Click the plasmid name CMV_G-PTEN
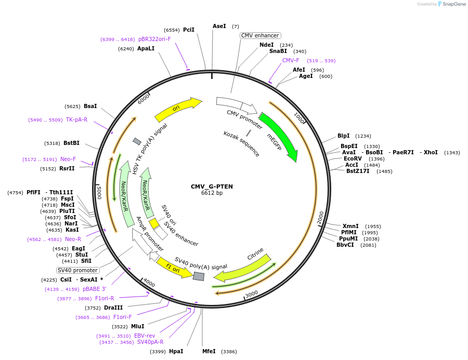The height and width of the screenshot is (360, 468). pos(212,186)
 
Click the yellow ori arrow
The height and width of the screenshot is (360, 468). pos(177,108)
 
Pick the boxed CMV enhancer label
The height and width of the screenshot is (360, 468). pos(260,35)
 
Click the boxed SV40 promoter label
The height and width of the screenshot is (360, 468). pos(77,270)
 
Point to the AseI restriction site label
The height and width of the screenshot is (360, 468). pos(219,26)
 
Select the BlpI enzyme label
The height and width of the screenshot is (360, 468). pos(344,136)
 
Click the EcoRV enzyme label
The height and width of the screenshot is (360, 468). pos(353,158)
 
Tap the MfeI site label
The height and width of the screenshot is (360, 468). pos(209,351)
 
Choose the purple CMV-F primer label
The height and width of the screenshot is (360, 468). pos(291,60)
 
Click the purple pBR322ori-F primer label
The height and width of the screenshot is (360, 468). pos(154,39)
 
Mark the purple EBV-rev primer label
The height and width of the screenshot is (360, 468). pos(145,336)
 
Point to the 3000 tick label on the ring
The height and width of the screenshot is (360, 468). pos(252,294)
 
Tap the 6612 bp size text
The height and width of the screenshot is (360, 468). pos(212,193)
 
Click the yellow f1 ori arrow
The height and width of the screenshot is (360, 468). pos(174,268)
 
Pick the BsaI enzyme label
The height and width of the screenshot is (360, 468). pos(90,106)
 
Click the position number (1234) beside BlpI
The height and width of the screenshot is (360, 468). pos(363,136)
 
